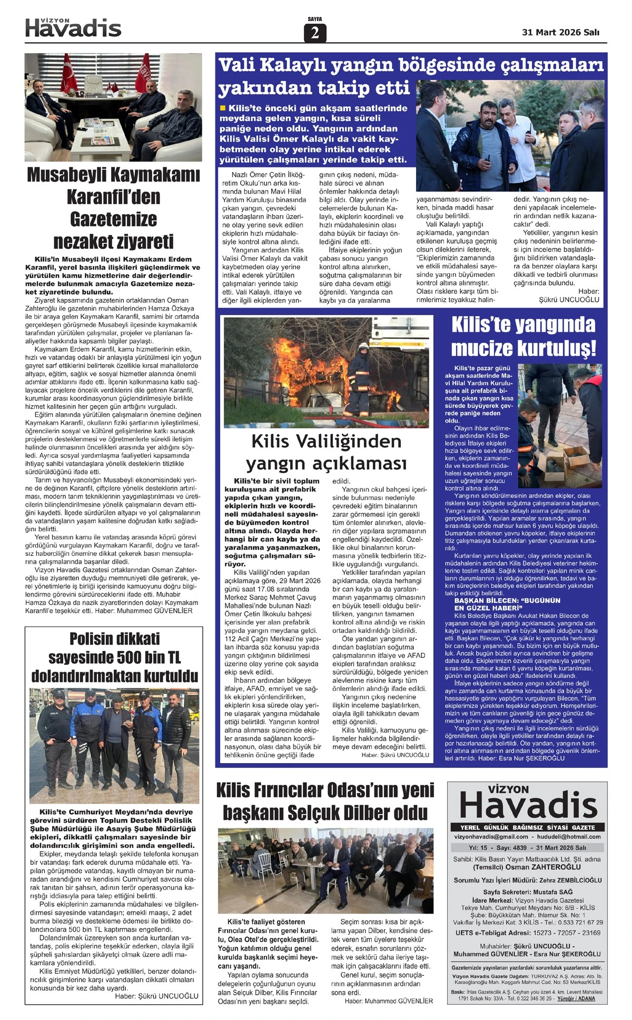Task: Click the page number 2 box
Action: tap(315, 33)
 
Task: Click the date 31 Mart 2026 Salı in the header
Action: tap(560, 33)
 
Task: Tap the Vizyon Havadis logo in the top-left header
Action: tap(73, 28)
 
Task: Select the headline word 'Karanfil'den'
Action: tap(113, 197)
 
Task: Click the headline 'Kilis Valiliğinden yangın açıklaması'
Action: tap(326, 452)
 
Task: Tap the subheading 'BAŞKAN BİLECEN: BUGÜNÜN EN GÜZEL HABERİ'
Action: tap(500, 604)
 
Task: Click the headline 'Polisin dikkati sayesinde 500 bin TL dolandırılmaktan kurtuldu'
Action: tap(114, 657)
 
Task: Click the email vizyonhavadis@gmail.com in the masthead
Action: tap(491, 837)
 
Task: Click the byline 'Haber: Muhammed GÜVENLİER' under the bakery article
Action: tap(389, 1001)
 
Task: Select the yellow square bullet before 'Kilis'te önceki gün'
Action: tap(223, 108)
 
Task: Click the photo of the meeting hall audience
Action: tap(326, 871)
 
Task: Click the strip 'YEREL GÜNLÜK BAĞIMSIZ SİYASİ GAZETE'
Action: tap(527, 827)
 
